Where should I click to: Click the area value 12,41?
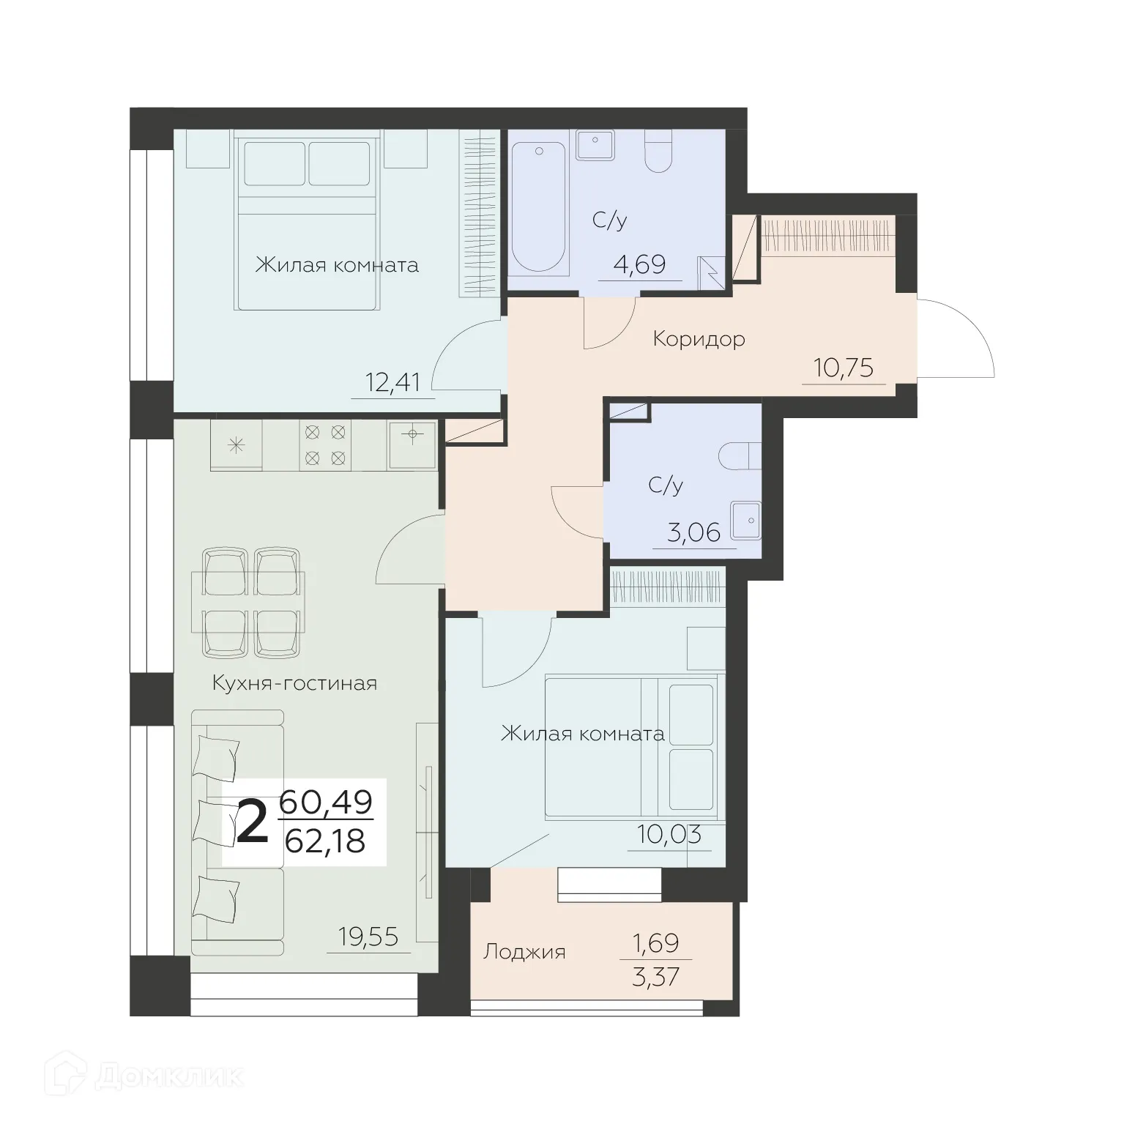[392, 382]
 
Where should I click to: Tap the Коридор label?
[699, 339]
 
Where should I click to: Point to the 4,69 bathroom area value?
[639, 264]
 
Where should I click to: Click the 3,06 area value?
[694, 532]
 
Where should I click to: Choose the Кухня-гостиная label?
[294, 683]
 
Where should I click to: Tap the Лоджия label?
[524, 952]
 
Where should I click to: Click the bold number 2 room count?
[253, 822]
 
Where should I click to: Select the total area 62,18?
[324, 841]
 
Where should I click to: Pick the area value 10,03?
[669, 834]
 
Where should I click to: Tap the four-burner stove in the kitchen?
[325, 445]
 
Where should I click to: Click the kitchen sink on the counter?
[412, 444]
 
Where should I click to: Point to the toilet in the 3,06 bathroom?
[740, 456]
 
